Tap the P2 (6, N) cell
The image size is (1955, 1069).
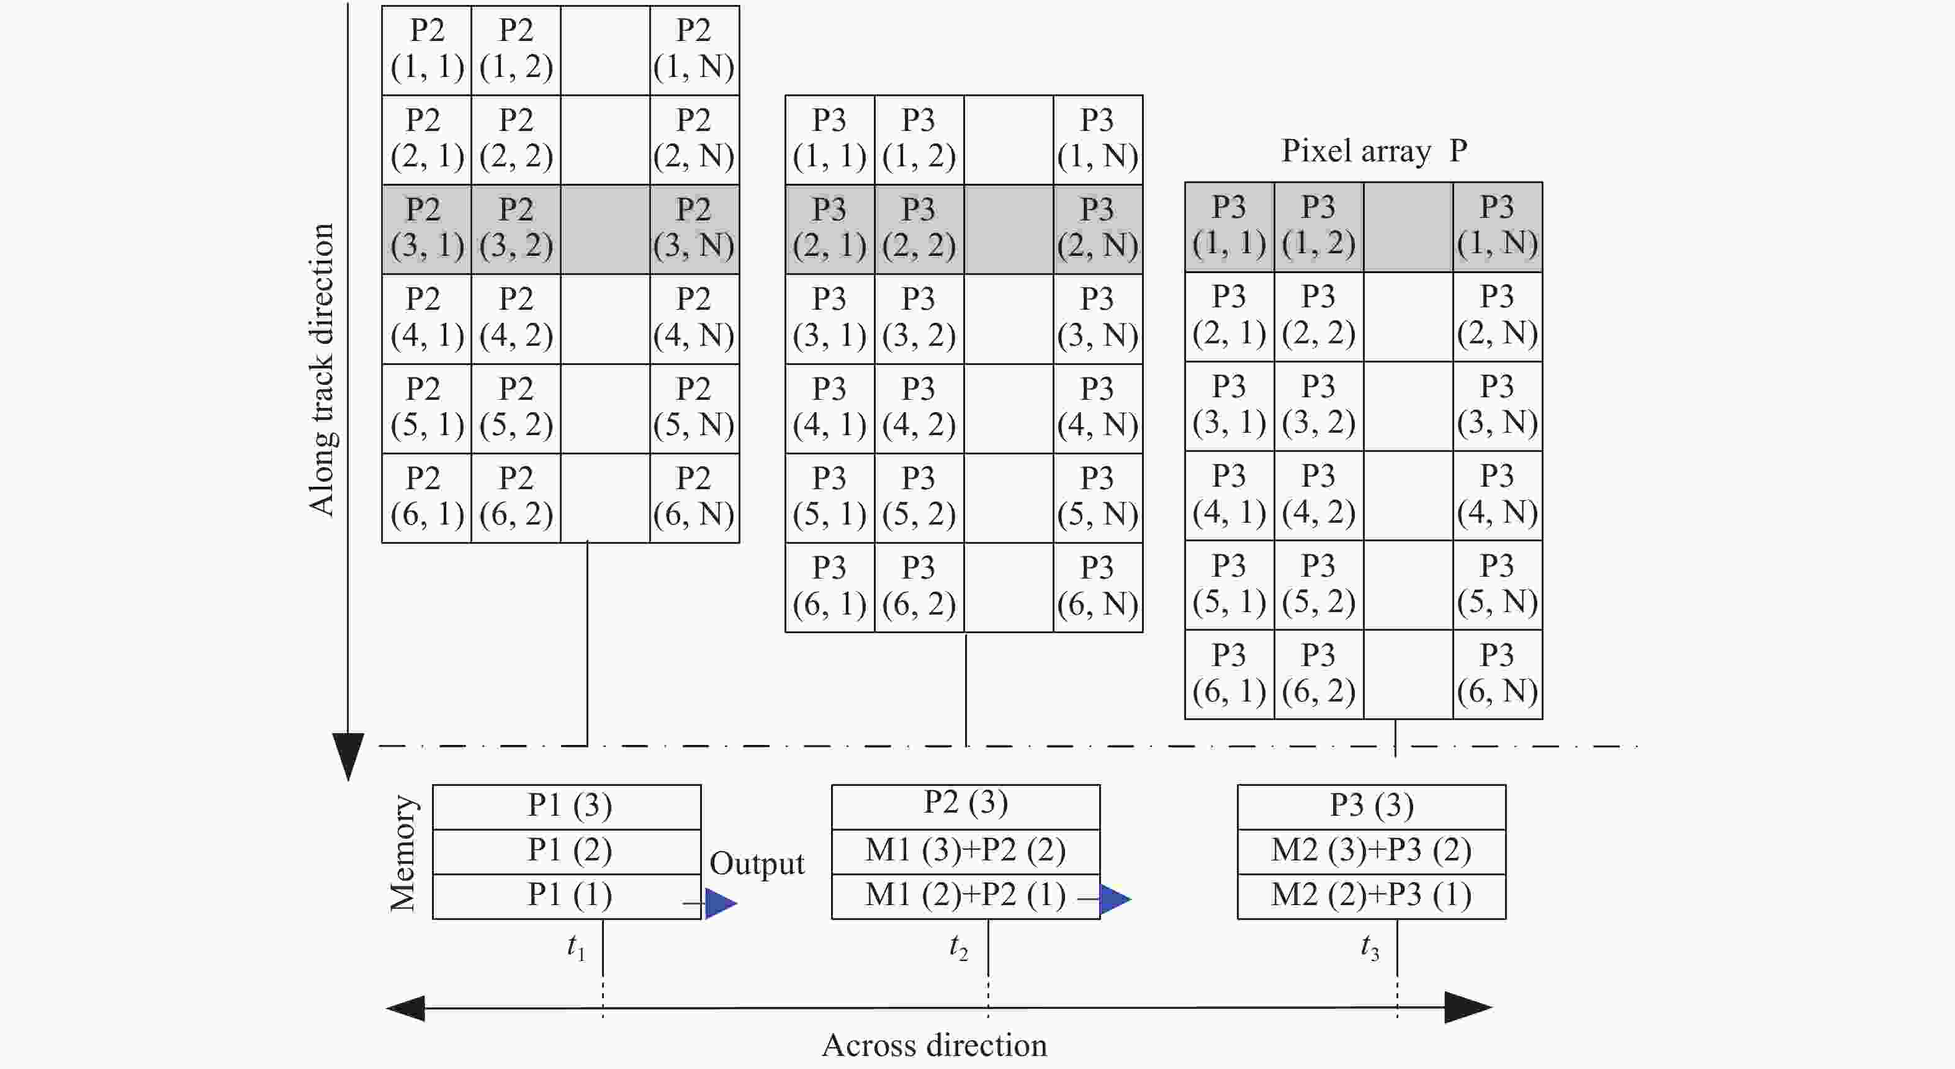pyautogui.click(x=694, y=498)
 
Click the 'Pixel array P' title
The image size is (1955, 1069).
pyautogui.click(x=1373, y=150)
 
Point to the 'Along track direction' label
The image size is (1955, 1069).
pyautogui.click(x=321, y=370)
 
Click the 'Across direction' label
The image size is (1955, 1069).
pyautogui.click(x=934, y=1045)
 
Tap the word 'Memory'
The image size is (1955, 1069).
pyautogui.click(x=402, y=852)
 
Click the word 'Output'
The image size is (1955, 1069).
pyautogui.click(x=757, y=864)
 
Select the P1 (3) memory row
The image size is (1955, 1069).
pyautogui.click(x=567, y=806)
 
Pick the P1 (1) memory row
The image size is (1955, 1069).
pyautogui.click(x=567, y=896)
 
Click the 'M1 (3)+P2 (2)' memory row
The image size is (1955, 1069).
pyautogui.click(x=965, y=851)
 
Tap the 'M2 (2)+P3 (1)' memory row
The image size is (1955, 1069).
pyautogui.click(x=1372, y=896)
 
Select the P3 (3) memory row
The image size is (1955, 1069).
pyautogui.click(x=1372, y=806)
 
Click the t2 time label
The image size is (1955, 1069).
pyautogui.click(x=958, y=947)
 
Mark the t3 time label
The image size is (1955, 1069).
pyautogui.click(x=1369, y=947)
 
